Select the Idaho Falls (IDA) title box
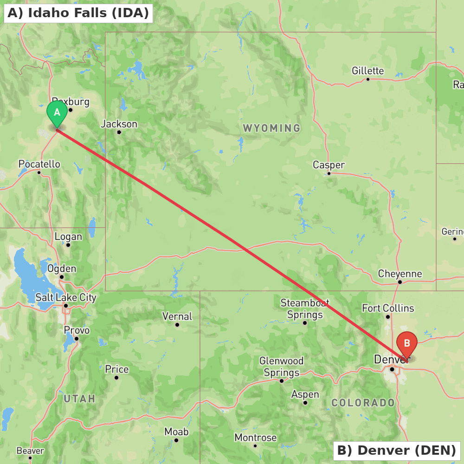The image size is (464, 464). tap(78, 13)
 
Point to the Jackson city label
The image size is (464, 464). tap(119, 124)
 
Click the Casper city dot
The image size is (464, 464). tap(329, 173)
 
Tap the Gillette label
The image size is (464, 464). tap(368, 71)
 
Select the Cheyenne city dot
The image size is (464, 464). tap(400, 282)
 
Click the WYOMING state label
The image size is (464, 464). tap(271, 128)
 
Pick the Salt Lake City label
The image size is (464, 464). tap(66, 297)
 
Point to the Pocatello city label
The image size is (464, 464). tap(39, 164)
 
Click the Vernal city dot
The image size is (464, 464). tap(177, 324)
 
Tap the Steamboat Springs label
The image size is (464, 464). tap(305, 309)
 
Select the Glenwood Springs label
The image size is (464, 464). tap(282, 367)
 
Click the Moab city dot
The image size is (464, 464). tap(176, 440)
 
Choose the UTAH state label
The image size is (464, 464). tap(79, 399)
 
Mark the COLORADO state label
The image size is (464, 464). tap(363, 403)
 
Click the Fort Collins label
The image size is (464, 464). tap(388, 308)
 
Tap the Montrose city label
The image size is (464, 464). tap(255, 438)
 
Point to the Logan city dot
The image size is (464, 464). tap(68, 245)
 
